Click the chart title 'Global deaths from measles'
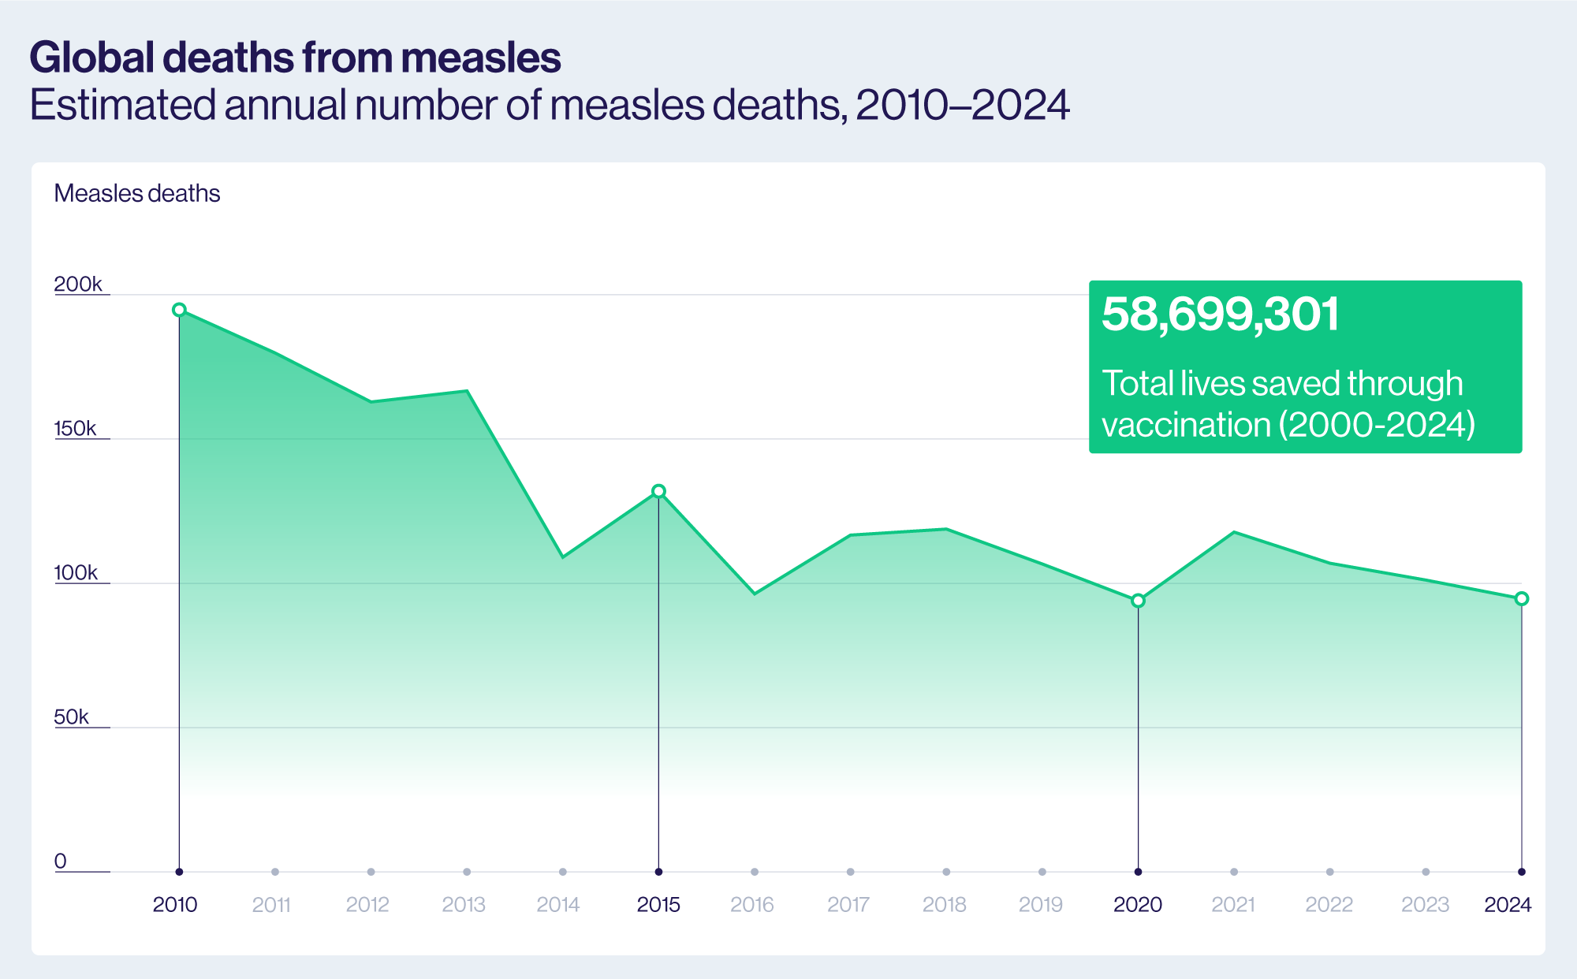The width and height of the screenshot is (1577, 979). pyautogui.click(x=295, y=58)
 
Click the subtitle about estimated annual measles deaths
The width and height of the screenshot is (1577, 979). pyautogui.click(x=549, y=105)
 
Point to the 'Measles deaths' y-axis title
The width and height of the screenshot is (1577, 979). pyautogui.click(x=136, y=193)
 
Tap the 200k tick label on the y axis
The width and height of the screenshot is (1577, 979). pyautogui.click(x=77, y=284)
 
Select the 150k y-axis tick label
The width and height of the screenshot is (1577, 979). pyautogui.click(x=75, y=428)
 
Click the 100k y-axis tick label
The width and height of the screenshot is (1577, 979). pyautogui.click(x=75, y=572)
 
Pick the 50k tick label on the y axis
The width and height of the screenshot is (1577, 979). pyautogui.click(x=71, y=717)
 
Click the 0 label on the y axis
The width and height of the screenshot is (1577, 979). pyautogui.click(x=60, y=861)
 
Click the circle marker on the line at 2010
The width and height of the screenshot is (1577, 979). pyautogui.click(x=179, y=310)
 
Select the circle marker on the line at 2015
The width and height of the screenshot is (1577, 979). pyautogui.click(x=658, y=491)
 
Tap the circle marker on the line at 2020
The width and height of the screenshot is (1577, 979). pyautogui.click(x=1138, y=601)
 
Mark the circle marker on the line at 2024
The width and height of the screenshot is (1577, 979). pyautogui.click(x=1522, y=598)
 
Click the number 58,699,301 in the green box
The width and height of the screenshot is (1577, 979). pyautogui.click(x=1220, y=314)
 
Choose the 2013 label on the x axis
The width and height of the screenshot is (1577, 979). pyautogui.click(x=464, y=904)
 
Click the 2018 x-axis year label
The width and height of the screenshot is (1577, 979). pyautogui.click(x=944, y=904)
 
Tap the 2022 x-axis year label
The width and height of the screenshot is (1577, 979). pyautogui.click(x=1329, y=904)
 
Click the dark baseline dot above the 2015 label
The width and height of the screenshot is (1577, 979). pyautogui.click(x=658, y=872)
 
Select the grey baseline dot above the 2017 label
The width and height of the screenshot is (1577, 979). pyautogui.click(x=850, y=872)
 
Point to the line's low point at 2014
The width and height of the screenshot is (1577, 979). pyautogui.click(x=562, y=557)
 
